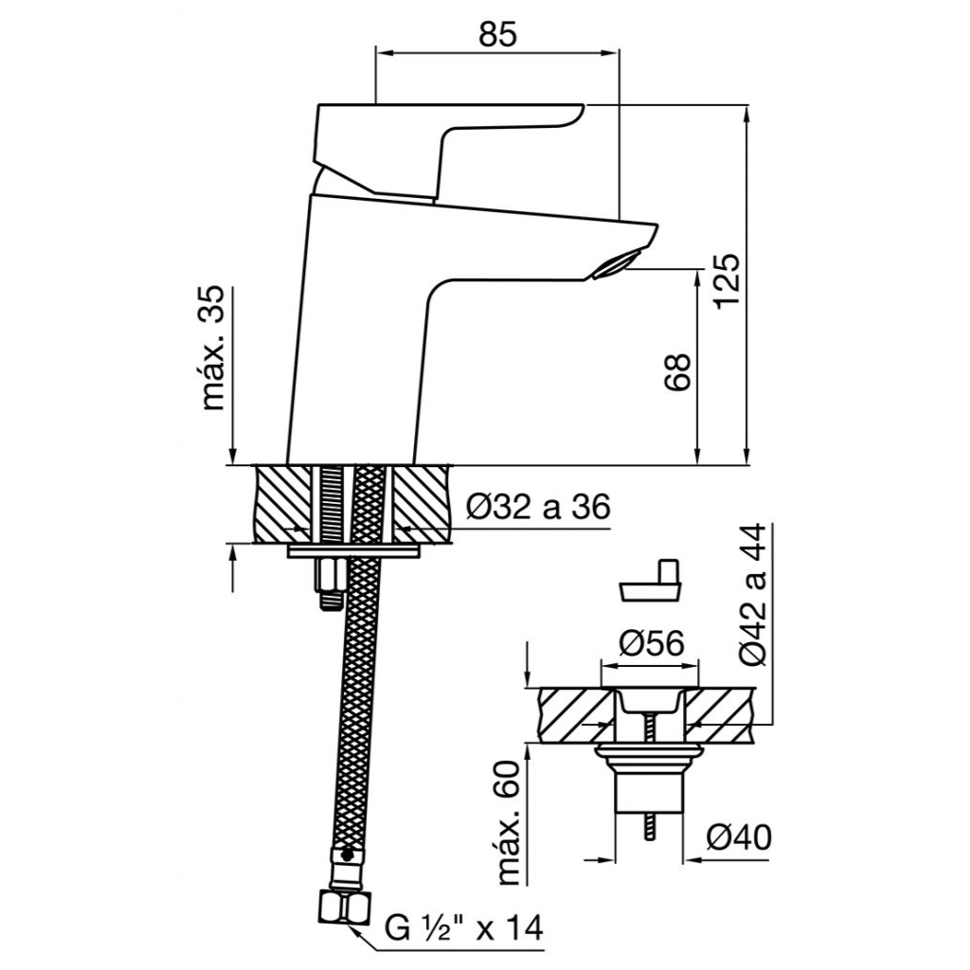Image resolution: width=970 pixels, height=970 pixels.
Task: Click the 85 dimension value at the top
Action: tap(496, 35)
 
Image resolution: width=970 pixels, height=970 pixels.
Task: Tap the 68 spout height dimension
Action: tap(676, 371)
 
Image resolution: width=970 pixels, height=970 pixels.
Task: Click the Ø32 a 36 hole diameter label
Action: tap(538, 508)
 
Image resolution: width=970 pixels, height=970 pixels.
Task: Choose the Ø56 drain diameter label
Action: tap(651, 643)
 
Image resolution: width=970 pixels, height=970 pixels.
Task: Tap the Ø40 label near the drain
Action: tap(739, 838)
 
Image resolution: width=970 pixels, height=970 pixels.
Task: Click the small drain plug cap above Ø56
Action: tap(651, 581)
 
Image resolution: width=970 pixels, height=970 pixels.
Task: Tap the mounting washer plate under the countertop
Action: tap(353, 552)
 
